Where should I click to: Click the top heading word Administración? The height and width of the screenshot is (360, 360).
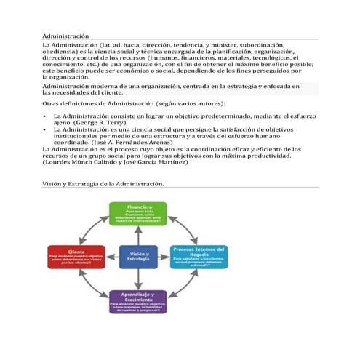point(66,36)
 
